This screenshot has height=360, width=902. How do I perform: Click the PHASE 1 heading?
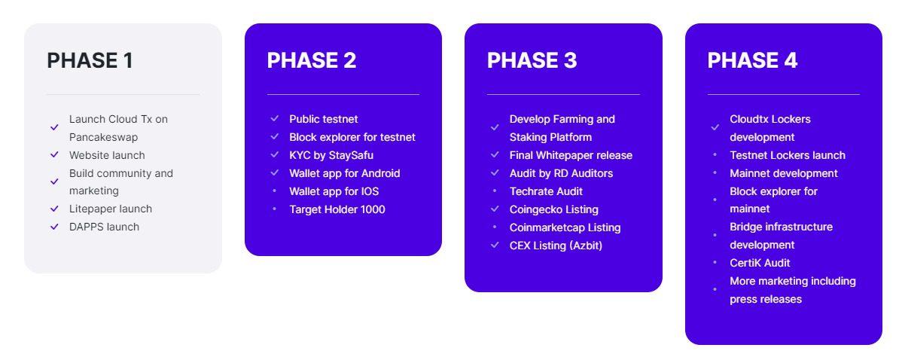[x=90, y=60]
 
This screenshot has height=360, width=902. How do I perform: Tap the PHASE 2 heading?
[x=311, y=60]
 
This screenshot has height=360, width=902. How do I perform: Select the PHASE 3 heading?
[x=532, y=60]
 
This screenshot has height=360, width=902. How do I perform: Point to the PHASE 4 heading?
[x=752, y=60]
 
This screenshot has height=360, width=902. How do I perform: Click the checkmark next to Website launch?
[x=55, y=154]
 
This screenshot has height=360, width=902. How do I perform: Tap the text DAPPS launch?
[x=104, y=227]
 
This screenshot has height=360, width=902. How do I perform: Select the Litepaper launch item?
[x=111, y=209]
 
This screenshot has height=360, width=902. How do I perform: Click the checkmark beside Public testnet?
[x=274, y=118]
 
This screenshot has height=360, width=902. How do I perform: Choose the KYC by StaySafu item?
[x=331, y=155]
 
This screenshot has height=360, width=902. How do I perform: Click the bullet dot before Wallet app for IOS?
[x=274, y=191]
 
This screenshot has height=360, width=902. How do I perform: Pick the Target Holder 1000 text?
[x=337, y=209]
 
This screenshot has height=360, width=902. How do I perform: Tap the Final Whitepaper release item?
[x=571, y=155]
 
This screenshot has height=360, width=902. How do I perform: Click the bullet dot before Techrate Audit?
[x=495, y=191]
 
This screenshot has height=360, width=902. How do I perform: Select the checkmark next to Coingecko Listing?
[x=495, y=209]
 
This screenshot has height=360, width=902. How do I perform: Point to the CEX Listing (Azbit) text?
[x=556, y=246]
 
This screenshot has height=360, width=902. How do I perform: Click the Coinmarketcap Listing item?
[x=565, y=227]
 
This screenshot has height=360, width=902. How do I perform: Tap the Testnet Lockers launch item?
[x=788, y=155]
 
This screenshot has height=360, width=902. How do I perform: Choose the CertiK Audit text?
[x=760, y=263]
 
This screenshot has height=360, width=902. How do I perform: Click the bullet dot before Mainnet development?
[x=715, y=172]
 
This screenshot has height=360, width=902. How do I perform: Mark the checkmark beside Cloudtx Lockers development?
[x=715, y=127]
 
